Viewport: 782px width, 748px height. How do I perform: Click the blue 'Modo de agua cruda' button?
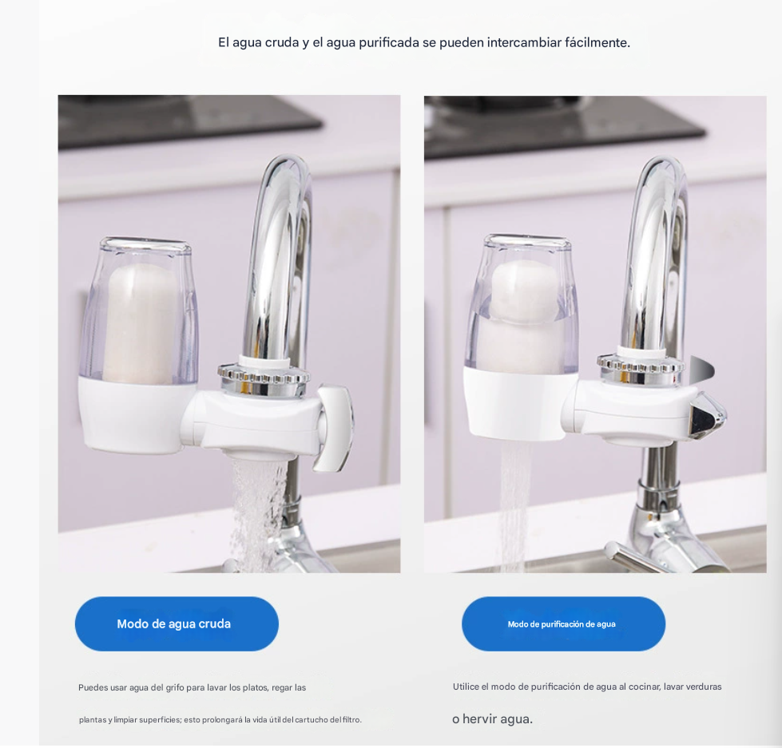(177, 623)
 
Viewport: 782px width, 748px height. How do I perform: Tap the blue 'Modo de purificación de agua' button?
(564, 623)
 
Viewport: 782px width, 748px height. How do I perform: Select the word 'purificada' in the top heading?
(389, 43)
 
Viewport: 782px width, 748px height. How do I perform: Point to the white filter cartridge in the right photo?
(524, 319)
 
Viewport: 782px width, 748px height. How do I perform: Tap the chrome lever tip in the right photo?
(707, 414)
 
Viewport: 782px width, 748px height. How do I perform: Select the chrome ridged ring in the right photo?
(641, 368)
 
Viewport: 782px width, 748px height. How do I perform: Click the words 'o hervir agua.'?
(493, 719)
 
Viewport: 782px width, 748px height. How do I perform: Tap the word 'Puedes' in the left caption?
(93, 687)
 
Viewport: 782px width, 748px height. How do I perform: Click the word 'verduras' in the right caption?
(704, 687)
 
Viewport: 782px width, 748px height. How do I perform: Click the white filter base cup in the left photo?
(131, 414)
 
